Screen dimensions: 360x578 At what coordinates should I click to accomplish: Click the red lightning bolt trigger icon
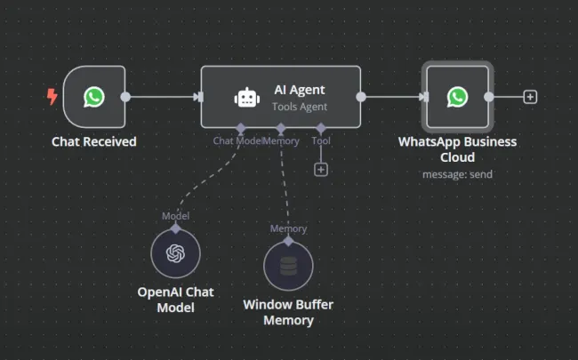point(52,97)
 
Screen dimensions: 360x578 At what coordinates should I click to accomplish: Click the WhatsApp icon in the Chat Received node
point(93,97)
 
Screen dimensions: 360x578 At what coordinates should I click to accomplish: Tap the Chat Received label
point(93,141)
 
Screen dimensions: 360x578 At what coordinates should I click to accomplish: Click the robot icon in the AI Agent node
point(245,98)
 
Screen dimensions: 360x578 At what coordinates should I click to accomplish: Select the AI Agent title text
point(300,90)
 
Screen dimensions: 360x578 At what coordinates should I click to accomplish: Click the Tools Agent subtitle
point(300,107)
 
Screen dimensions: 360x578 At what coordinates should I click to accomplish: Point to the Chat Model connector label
point(237,140)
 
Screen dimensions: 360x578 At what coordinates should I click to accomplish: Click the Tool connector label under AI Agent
point(321,140)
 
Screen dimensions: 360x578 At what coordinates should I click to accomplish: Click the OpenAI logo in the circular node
point(175,252)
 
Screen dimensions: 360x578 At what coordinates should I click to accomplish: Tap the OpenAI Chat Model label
point(175,300)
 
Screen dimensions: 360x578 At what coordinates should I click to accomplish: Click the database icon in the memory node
point(288,265)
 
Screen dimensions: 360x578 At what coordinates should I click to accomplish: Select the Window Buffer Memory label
point(288,312)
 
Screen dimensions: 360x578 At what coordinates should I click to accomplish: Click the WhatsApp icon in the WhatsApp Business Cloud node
point(457,97)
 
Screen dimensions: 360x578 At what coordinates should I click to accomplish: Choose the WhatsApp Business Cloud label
point(457,149)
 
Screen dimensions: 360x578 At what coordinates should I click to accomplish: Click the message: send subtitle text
point(457,174)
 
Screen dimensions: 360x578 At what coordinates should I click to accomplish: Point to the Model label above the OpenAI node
point(175,216)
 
